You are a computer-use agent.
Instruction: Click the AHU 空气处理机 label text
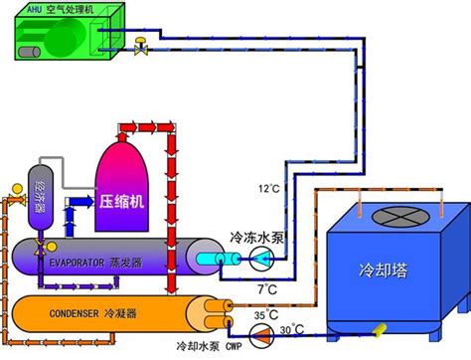pyautogui.click(x=61, y=9)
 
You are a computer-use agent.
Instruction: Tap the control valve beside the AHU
pyautogui.click(x=141, y=46)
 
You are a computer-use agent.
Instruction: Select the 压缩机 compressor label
pyautogui.click(x=121, y=201)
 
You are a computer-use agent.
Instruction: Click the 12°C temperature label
pyautogui.click(x=269, y=189)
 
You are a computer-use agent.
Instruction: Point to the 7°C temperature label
pyautogui.click(x=267, y=289)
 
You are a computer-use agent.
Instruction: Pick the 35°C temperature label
pyautogui.click(x=266, y=315)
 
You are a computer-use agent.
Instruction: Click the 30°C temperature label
pyautogui.click(x=292, y=329)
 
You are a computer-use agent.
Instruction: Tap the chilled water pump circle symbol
pyautogui.click(x=261, y=259)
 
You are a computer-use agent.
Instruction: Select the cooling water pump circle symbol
pyautogui.click(x=261, y=336)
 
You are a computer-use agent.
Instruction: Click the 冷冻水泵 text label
pyautogui.click(x=257, y=238)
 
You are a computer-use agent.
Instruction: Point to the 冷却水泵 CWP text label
pyautogui.click(x=210, y=347)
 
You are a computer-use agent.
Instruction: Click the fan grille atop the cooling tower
pyautogui.click(x=400, y=217)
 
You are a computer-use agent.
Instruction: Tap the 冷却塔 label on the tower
pyautogui.click(x=384, y=270)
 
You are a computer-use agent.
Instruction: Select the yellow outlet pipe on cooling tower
pyautogui.click(x=380, y=330)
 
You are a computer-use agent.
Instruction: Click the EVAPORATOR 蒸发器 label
pyautogui.click(x=95, y=263)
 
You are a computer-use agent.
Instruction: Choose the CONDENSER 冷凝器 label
pyautogui.click(x=93, y=313)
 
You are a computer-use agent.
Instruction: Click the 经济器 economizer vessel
pyautogui.click(x=41, y=198)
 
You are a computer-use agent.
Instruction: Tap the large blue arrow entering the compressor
pyautogui.click(x=81, y=201)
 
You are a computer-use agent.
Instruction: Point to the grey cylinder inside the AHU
pyautogui.click(x=29, y=53)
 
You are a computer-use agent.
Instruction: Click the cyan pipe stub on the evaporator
pyautogui.click(x=219, y=260)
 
